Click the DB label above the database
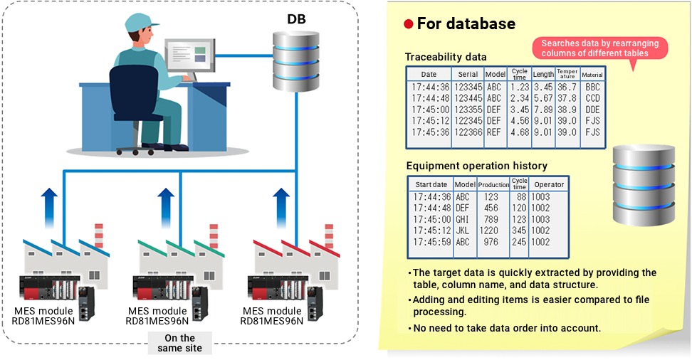tap(296, 19)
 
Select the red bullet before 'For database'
tap(409, 24)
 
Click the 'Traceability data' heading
tap(446, 57)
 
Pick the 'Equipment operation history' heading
tap(476, 166)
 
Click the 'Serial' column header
tap(468, 74)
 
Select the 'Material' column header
tap(592, 75)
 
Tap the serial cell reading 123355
tap(468, 110)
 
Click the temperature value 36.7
tap(567, 88)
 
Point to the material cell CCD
tap(592, 99)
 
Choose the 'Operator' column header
tap(549, 184)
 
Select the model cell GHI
tap(463, 220)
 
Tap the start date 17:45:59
tap(431, 243)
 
